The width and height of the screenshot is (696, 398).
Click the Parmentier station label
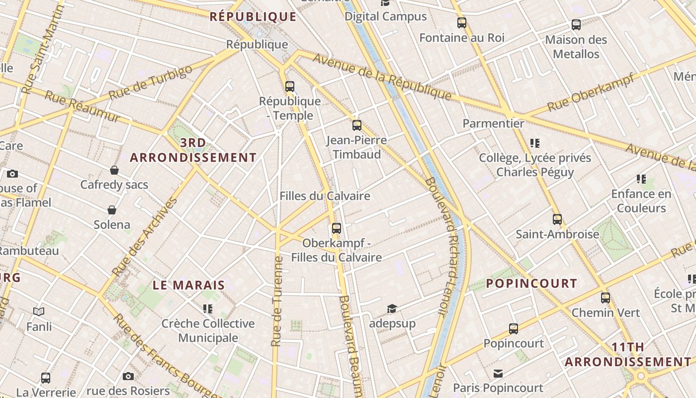[493, 123]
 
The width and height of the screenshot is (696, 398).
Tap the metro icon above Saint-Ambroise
[557, 219]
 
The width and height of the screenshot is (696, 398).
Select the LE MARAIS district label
[188, 286]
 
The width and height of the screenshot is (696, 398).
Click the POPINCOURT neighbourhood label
[531, 284]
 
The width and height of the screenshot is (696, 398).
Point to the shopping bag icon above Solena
[112, 210]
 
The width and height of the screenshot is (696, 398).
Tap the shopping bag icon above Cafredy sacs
[114, 170]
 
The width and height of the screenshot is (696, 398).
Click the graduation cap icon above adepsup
[392, 309]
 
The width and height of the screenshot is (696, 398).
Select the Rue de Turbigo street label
[150, 83]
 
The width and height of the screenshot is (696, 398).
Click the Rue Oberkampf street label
[591, 92]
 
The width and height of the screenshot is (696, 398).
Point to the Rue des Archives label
[145, 237]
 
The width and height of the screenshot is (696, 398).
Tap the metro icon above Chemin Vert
[606, 298]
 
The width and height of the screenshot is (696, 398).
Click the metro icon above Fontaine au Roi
[462, 23]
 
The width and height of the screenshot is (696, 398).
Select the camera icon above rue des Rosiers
[128, 376]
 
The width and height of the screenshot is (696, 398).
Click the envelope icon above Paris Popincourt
[498, 374]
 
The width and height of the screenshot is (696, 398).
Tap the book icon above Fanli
[39, 312]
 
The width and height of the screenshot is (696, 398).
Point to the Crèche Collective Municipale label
[208, 331]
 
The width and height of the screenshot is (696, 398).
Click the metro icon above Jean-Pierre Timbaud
[356, 125]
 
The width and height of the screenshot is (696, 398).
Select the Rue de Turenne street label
[277, 301]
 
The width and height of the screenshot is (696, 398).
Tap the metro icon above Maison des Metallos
[576, 25]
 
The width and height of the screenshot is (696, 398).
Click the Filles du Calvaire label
[325, 196]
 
